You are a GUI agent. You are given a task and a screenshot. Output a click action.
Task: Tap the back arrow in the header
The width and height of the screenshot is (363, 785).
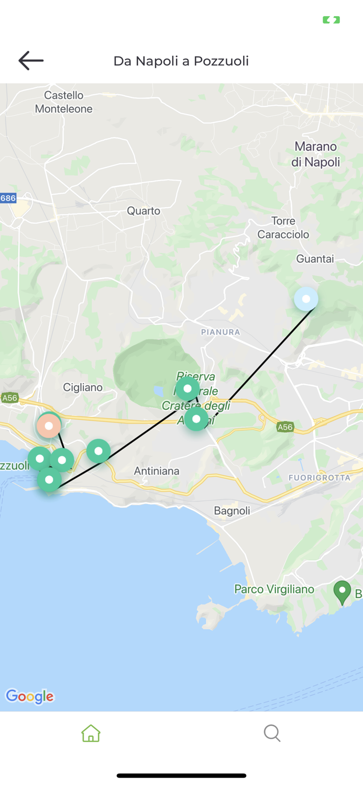tap(31, 61)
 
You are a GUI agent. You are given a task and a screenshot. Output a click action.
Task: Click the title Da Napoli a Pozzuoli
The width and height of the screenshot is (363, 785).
tap(181, 61)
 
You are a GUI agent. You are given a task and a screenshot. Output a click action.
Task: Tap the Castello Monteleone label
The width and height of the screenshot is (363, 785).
tap(64, 102)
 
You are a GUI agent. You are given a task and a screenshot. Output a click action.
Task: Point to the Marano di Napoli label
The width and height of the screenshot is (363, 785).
tap(316, 154)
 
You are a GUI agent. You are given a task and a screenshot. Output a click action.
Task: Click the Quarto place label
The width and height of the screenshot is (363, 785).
tap(144, 211)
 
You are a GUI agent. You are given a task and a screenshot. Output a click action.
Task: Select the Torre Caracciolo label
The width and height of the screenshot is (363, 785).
tap(283, 228)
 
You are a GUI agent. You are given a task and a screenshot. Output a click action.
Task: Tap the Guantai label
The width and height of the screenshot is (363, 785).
tap(315, 259)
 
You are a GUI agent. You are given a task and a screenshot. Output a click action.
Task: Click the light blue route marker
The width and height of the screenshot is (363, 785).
tap(306, 299)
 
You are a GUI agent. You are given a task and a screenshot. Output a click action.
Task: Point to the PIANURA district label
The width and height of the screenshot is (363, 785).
tap(221, 332)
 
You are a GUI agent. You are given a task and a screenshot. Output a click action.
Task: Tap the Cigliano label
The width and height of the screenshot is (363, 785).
tap(83, 387)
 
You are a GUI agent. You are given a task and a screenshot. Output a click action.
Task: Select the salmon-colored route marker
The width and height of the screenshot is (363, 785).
tap(49, 426)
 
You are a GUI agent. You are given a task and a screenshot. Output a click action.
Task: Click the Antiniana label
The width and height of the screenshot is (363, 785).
tap(157, 471)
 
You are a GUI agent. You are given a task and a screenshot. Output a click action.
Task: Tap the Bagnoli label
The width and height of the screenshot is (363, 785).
tap(232, 511)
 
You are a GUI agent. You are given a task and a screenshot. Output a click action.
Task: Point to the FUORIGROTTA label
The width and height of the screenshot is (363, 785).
tap(320, 477)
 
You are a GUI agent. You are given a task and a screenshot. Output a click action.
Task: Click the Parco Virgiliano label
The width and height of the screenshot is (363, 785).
tap(274, 589)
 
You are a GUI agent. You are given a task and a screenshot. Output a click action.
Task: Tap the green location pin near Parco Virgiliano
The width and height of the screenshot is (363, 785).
tap(343, 592)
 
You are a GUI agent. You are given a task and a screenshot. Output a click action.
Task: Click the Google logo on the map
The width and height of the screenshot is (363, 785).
tap(30, 697)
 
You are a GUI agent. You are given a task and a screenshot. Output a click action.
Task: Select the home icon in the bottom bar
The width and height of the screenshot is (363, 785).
tap(91, 733)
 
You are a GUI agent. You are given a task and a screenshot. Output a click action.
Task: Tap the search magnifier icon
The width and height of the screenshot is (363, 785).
tap(272, 733)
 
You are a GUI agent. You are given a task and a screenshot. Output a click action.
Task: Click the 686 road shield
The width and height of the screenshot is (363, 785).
tap(8, 198)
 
